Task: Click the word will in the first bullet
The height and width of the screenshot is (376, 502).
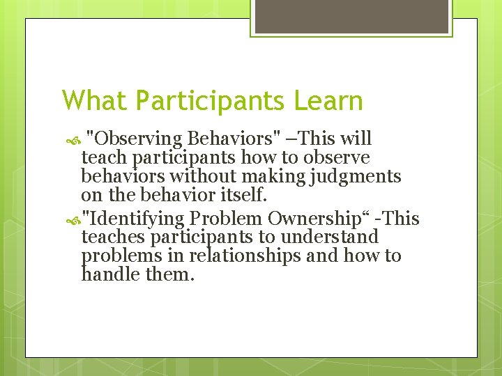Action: [x=356, y=139]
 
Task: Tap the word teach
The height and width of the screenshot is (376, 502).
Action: [x=102, y=158]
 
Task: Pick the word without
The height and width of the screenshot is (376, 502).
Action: [x=204, y=176]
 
